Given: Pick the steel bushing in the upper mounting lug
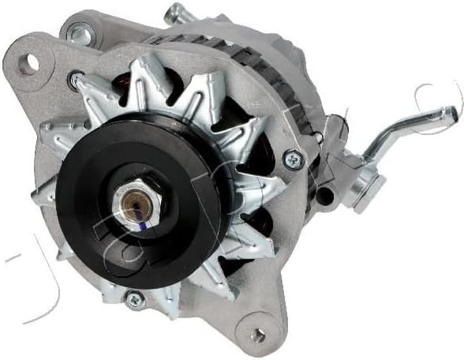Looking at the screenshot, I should tap(78, 34).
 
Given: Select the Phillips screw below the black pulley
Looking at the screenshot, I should tap(135, 299).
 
